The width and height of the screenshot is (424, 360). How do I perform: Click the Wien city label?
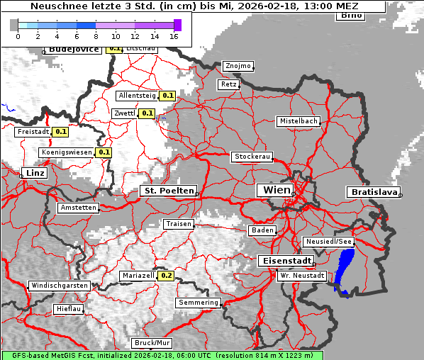click(x=277, y=190)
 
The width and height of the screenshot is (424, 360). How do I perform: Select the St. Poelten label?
click(x=168, y=191)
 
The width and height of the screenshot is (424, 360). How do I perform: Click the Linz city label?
click(x=33, y=173)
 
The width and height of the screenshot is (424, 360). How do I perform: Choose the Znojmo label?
click(x=238, y=66)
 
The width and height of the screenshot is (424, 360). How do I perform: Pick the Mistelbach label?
click(x=298, y=121)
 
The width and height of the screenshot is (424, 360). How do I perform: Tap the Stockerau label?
click(x=252, y=157)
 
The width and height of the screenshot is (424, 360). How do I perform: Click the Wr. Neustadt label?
click(x=302, y=275)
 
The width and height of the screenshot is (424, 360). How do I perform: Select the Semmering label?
click(x=199, y=303)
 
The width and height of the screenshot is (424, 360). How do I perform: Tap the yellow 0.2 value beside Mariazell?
click(x=167, y=276)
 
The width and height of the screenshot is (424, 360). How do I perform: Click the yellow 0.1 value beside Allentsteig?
click(x=168, y=95)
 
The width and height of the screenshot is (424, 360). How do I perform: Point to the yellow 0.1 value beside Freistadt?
click(x=61, y=131)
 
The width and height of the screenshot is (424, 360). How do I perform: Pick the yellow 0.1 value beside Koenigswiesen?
click(x=104, y=152)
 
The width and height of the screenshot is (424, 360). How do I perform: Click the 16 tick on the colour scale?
click(x=174, y=35)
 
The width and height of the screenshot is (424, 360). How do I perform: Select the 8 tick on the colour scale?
click(x=96, y=35)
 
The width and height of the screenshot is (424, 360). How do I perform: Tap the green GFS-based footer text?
click(x=162, y=355)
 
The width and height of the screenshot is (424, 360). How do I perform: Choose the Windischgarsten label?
click(x=59, y=286)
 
